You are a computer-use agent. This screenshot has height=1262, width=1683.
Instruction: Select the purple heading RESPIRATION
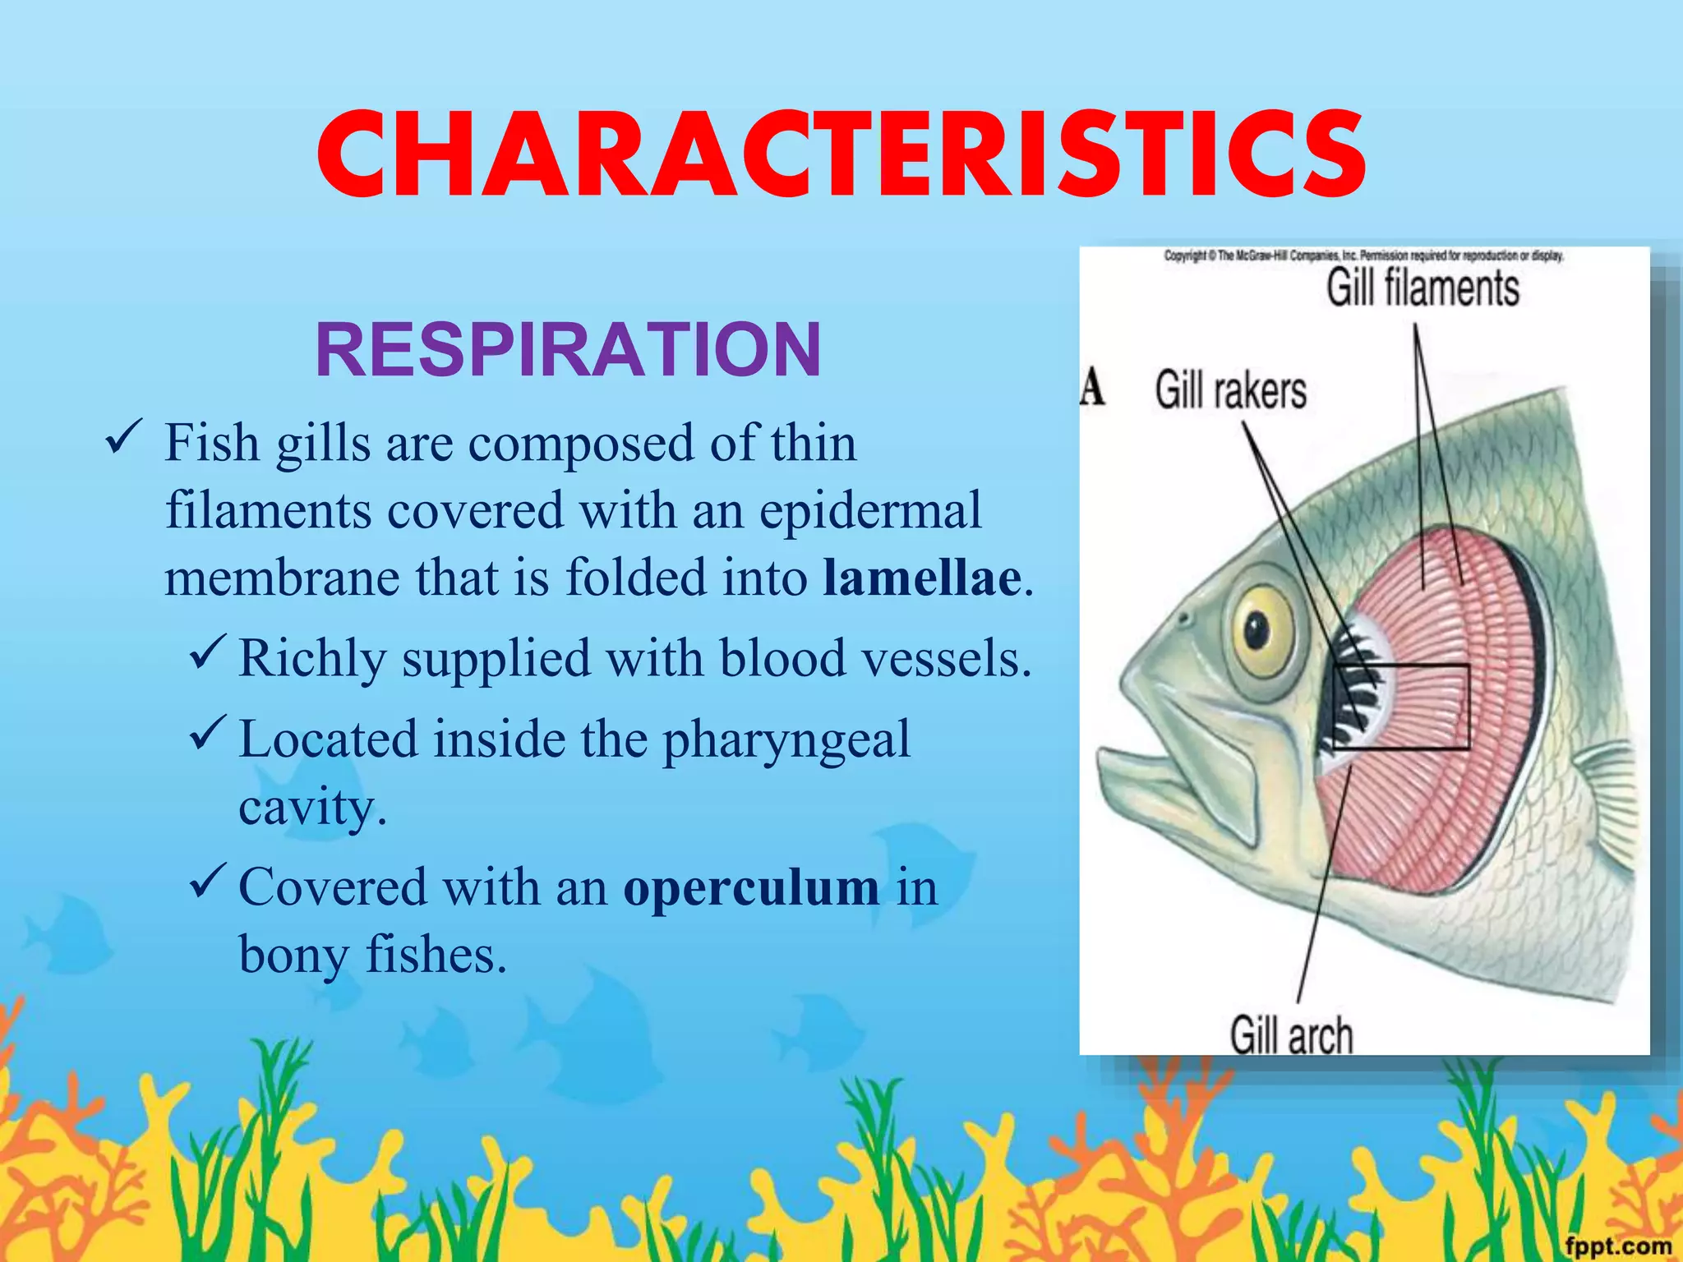568,350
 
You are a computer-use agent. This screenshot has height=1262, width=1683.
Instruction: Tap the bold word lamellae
922,577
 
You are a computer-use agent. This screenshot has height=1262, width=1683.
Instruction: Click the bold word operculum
751,887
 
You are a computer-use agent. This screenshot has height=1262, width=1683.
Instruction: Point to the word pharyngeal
786,739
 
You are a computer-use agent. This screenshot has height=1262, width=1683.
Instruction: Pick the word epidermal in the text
870,510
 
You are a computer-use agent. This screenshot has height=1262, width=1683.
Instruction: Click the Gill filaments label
1422,288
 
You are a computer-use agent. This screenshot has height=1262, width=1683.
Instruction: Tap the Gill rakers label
1230,389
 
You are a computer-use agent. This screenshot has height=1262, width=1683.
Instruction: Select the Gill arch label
1291,1034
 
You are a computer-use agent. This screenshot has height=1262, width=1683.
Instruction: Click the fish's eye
1257,630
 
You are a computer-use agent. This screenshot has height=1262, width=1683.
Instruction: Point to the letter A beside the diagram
1092,387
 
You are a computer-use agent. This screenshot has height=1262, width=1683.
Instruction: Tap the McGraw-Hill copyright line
1363,256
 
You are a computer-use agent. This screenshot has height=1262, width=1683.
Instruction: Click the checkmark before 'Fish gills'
124,437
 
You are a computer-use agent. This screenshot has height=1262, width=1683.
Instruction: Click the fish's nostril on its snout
1183,617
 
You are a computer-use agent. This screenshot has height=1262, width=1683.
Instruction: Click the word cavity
312,807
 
